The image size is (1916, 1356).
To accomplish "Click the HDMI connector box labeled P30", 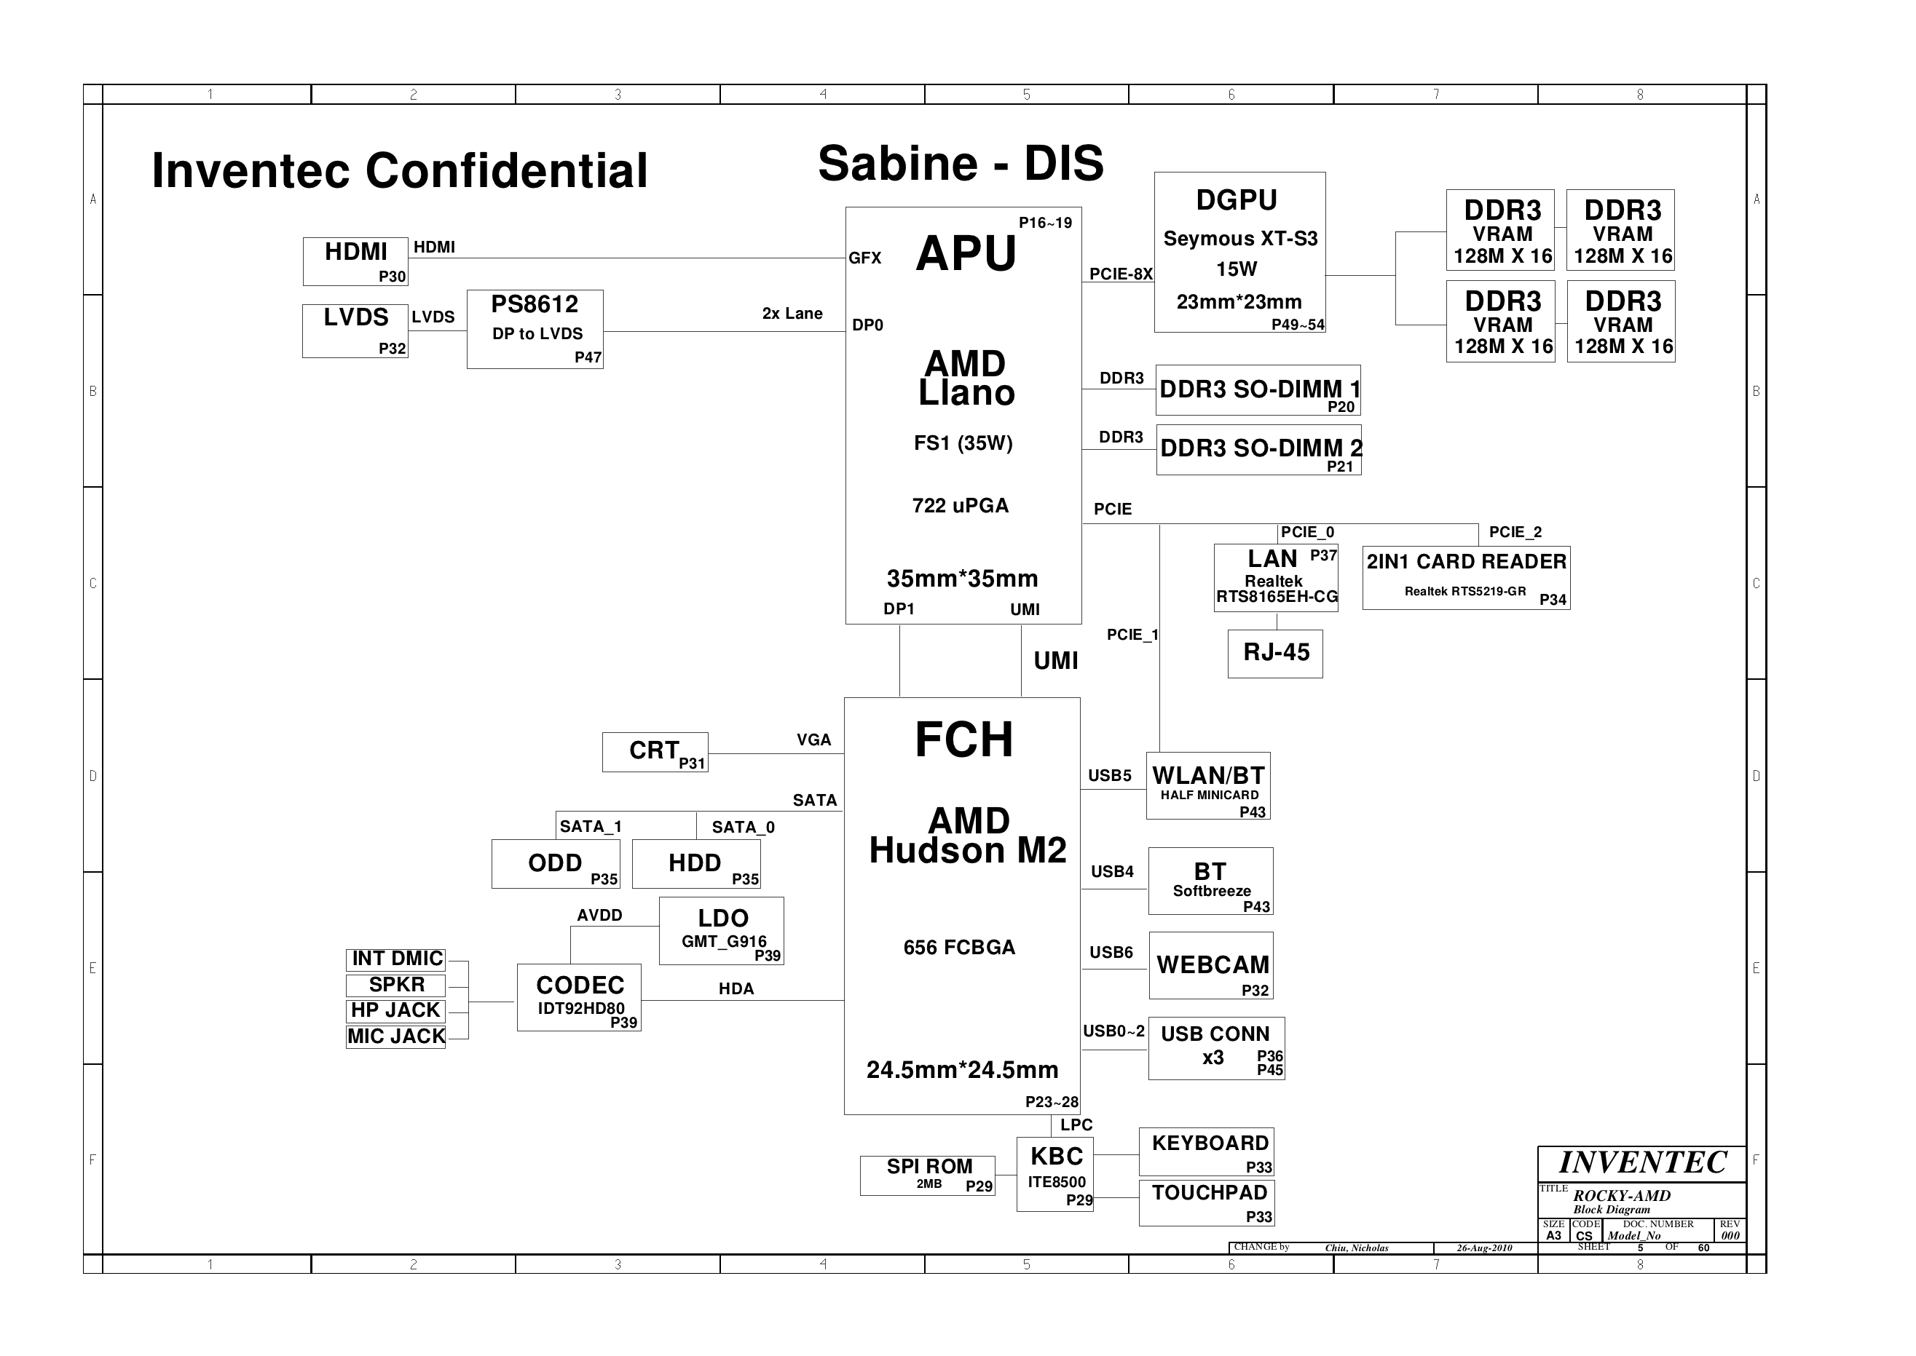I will point(355,261).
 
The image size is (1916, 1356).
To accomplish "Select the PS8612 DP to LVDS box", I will point(535,329).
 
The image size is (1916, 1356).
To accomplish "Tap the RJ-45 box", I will point(1275,653).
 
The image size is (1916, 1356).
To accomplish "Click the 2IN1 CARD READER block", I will point(1466,578).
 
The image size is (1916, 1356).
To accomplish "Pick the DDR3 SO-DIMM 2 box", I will point(1258,449).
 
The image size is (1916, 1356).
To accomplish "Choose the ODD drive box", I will point(556,863).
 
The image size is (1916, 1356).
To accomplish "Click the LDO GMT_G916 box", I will point(722,930).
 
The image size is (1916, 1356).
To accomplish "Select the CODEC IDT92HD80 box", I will point(579,997).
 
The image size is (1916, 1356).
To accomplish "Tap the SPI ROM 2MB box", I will point(927,1175).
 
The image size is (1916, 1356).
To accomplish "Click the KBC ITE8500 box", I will point(1055,1174).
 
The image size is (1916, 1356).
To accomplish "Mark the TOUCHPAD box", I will point(1207,1202).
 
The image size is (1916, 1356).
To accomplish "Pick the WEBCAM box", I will point(1211,965).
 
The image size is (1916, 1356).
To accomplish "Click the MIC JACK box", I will point(396,1036).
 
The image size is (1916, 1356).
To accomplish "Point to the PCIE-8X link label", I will point(1120,274).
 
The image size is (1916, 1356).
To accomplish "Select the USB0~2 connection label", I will point(1113,1031).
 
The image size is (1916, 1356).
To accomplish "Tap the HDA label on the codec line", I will point(736,988).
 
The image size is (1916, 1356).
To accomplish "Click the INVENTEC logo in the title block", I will point(1642,1162).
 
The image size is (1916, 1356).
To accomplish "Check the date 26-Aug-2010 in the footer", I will point(1484,1248).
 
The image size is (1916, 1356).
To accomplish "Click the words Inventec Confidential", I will point(399,171).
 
